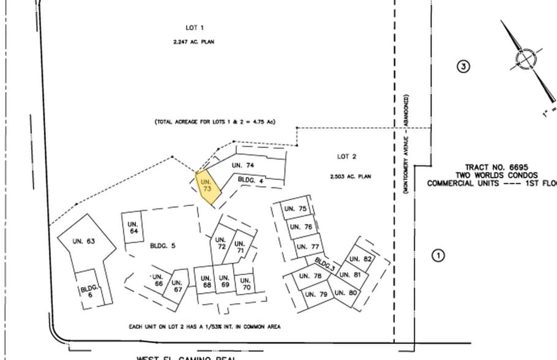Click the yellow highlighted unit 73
click(x=207, y=187)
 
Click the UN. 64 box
click(x=133, y=228)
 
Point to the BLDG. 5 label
click(x=162, y=246)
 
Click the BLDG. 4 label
click(x=250, y=180)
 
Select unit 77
click(x=308, y=247)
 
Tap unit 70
click(x=245, y=283)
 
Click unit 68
click(x=206, y=282)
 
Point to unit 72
click(x=221, y=242)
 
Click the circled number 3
click(x=463, y=67)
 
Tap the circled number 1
click(x=438, y=255)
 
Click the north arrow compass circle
click(x=525, y=60)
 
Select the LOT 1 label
click(x=194, y=28)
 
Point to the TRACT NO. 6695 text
click(x=496, y=167)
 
